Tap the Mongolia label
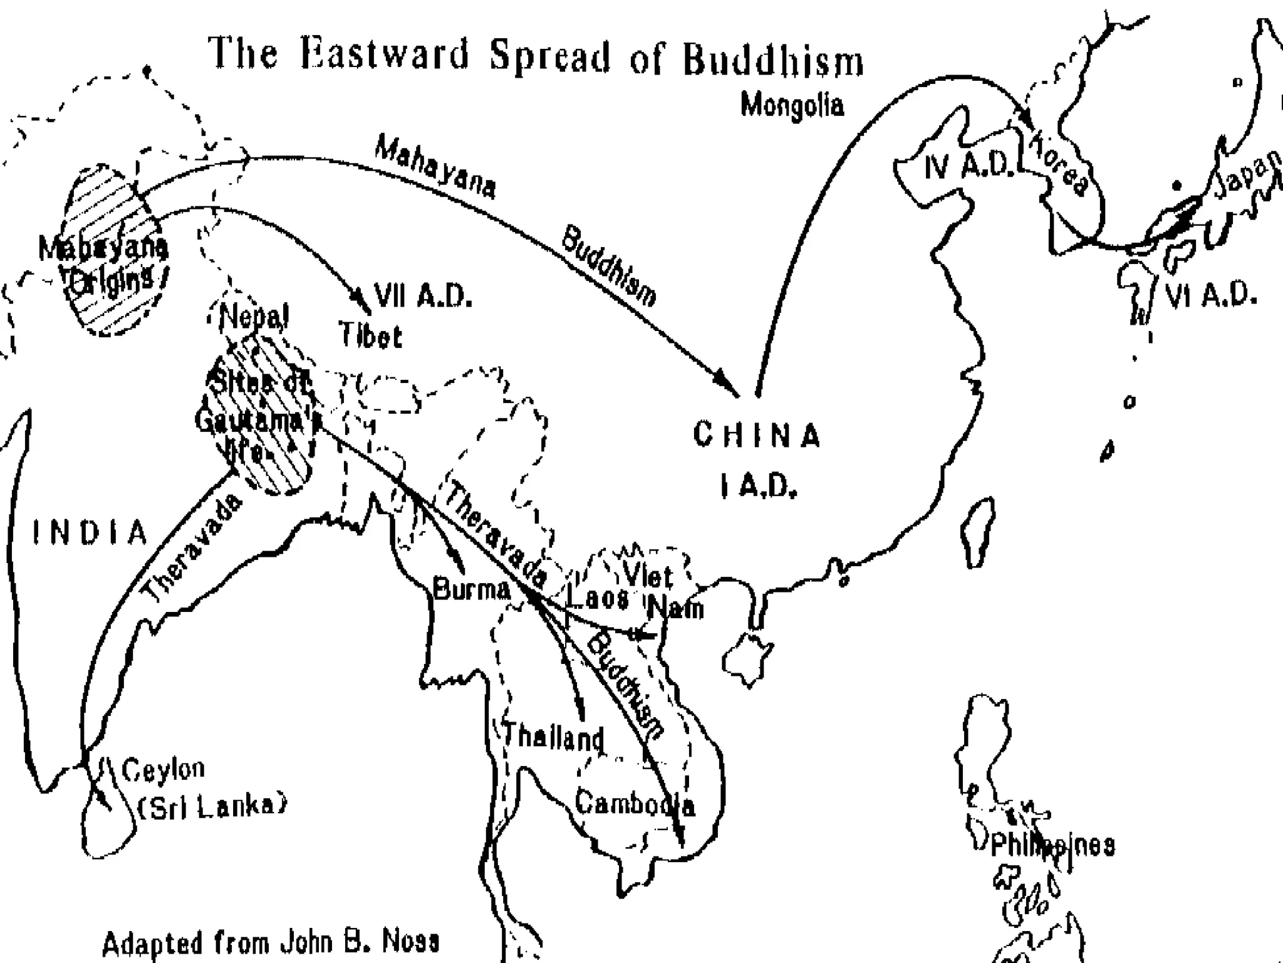(792, 105)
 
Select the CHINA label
(756, 435)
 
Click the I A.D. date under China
(758, 485)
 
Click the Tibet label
(370, 336)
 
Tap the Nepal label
(254, 317)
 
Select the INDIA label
(90, 533)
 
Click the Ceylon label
(163, 769)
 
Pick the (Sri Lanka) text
(211, 807)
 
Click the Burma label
(472, 589)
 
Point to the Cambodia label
(634, 803)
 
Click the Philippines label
(1052, 846)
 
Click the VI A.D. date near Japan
(1210, 295)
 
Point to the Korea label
(1059, 164)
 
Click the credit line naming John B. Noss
(271, 942)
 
